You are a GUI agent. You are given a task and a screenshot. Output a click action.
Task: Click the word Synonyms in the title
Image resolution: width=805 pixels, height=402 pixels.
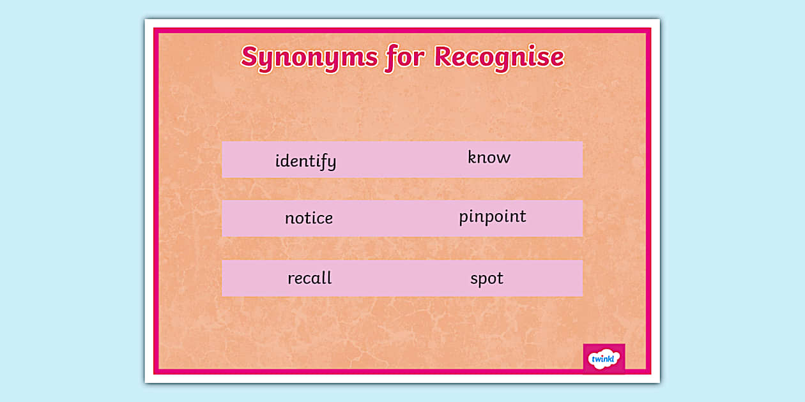click(x=309, y=57)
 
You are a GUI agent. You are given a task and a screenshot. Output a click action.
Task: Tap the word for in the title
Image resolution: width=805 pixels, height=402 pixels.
click(x=405, y=57)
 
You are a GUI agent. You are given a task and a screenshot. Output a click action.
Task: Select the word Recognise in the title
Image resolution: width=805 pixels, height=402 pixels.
click(x=499, y=57)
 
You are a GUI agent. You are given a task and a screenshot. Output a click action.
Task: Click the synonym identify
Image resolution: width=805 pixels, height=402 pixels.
click(x=305, y=161)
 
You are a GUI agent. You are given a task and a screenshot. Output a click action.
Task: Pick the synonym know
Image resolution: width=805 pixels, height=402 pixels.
click(x=489, y=158)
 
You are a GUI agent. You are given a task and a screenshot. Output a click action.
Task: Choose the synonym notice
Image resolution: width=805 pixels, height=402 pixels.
click(x=309, y=218)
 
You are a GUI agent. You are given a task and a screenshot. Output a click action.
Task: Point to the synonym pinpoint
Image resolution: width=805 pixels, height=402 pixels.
click(x=492, y=217)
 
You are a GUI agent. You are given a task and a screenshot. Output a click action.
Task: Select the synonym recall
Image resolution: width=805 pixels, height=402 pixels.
click(x=309, y=278)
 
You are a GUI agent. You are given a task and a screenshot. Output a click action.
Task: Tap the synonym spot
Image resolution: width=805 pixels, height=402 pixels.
click(x=487, y=279)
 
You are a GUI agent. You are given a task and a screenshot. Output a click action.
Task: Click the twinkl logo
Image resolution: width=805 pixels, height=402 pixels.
click(x=604, y=359)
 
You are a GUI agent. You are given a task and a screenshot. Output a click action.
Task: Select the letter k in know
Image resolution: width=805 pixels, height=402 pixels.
click(x=472, y=157)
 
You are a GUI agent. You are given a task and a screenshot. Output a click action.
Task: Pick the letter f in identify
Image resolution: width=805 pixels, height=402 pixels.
click(x=323, y=161)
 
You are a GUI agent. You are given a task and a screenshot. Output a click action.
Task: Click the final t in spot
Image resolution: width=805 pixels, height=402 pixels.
click(x=500, y=278)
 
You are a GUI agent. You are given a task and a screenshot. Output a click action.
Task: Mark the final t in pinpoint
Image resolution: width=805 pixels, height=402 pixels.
click(x=523, y=216)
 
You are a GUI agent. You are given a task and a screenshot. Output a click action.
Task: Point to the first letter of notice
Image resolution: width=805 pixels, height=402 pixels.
click(x=289, y=219)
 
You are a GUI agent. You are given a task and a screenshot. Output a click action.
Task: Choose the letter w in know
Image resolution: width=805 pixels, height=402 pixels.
click(x=504, y=158)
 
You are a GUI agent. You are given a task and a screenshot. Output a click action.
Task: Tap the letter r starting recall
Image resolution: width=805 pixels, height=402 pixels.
click(x=291, y=279)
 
